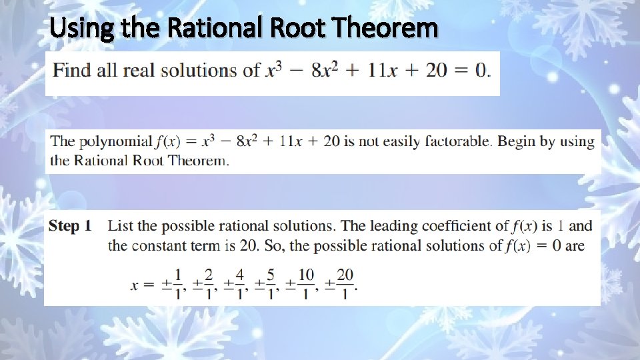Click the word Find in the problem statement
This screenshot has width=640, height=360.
pos(73,71)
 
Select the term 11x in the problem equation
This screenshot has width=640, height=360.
pos(382,71)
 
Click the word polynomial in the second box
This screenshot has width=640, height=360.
pos(115,141)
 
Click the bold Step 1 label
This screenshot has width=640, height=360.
pos(69,227)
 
